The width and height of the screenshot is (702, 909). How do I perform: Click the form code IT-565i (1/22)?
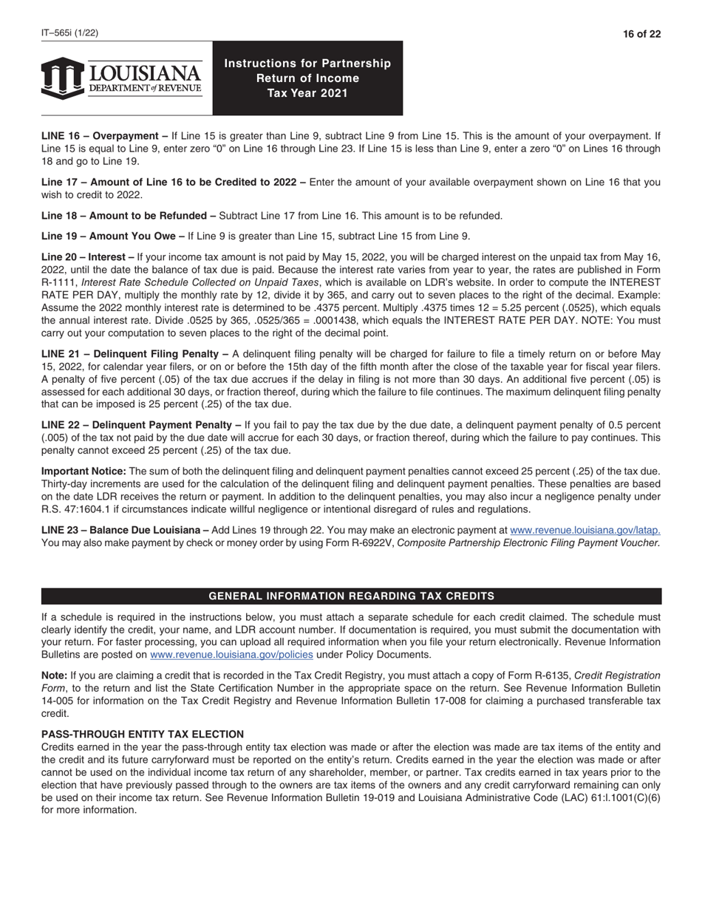click(x=70, y=33)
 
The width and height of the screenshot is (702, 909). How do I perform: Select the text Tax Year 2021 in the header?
click(x=307, y=93)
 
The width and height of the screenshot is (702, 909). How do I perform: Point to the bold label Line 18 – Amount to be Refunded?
click(x=128, y=216)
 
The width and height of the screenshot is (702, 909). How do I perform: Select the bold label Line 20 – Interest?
click(x=87, y=257)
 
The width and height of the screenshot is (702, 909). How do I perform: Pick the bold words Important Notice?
click(x=84, y=471)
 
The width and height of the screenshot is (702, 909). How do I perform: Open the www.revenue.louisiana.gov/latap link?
click(x=585, y=530)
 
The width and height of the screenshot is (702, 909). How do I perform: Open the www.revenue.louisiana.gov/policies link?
click(x=231, y=655)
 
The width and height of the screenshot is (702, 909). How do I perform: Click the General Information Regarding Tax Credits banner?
click(x=351, y=596)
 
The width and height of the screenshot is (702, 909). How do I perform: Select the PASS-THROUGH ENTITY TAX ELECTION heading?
click(x=143, y=734)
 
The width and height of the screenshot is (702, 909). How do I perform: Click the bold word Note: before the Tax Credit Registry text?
click(x=54, y=675)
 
